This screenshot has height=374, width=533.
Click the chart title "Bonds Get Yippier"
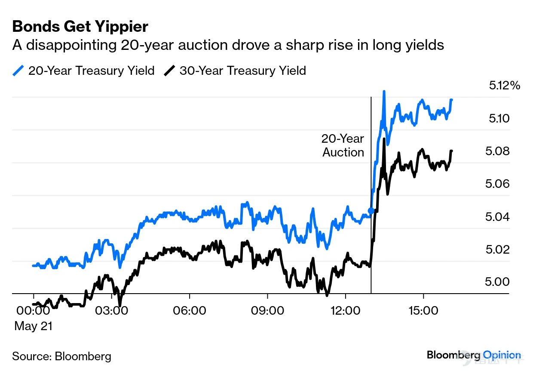pos(80,27)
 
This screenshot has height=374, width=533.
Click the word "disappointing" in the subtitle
pos(71,45)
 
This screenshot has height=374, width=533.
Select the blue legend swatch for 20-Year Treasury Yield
pos(18,71)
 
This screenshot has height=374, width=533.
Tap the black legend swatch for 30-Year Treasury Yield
pos(169,71)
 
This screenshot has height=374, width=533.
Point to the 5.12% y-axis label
pos(505,86)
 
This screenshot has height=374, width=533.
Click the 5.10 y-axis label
pos(499,118)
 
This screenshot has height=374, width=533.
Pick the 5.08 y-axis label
pos(497,151)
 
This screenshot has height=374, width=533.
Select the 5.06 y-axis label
pos(497,184)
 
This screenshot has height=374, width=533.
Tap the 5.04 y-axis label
pos(497,217)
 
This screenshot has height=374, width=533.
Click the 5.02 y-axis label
pos(498,250)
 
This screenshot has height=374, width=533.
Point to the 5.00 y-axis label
pos(497,282)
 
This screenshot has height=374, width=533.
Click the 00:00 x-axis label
pos(33,311)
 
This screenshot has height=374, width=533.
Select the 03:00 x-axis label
pos(111,311)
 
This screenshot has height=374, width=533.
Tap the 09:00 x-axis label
pos(267,311)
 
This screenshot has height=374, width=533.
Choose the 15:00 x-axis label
pos(423,311)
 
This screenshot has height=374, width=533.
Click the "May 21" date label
pos(34,326)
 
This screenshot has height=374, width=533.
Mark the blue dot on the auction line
pos(371,211)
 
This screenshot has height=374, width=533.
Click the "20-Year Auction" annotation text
pos(343,145)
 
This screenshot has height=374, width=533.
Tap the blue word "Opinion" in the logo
pos(502,355)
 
